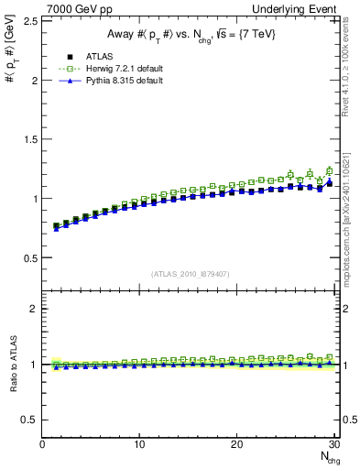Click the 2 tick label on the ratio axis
[x=34, y=309]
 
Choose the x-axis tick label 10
[x=139, y=444]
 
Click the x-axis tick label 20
[x=236, y=444]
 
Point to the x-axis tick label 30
[x=333, y=444]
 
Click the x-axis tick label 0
[x=42, y=444]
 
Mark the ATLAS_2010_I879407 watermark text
[x=191, y=274]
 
